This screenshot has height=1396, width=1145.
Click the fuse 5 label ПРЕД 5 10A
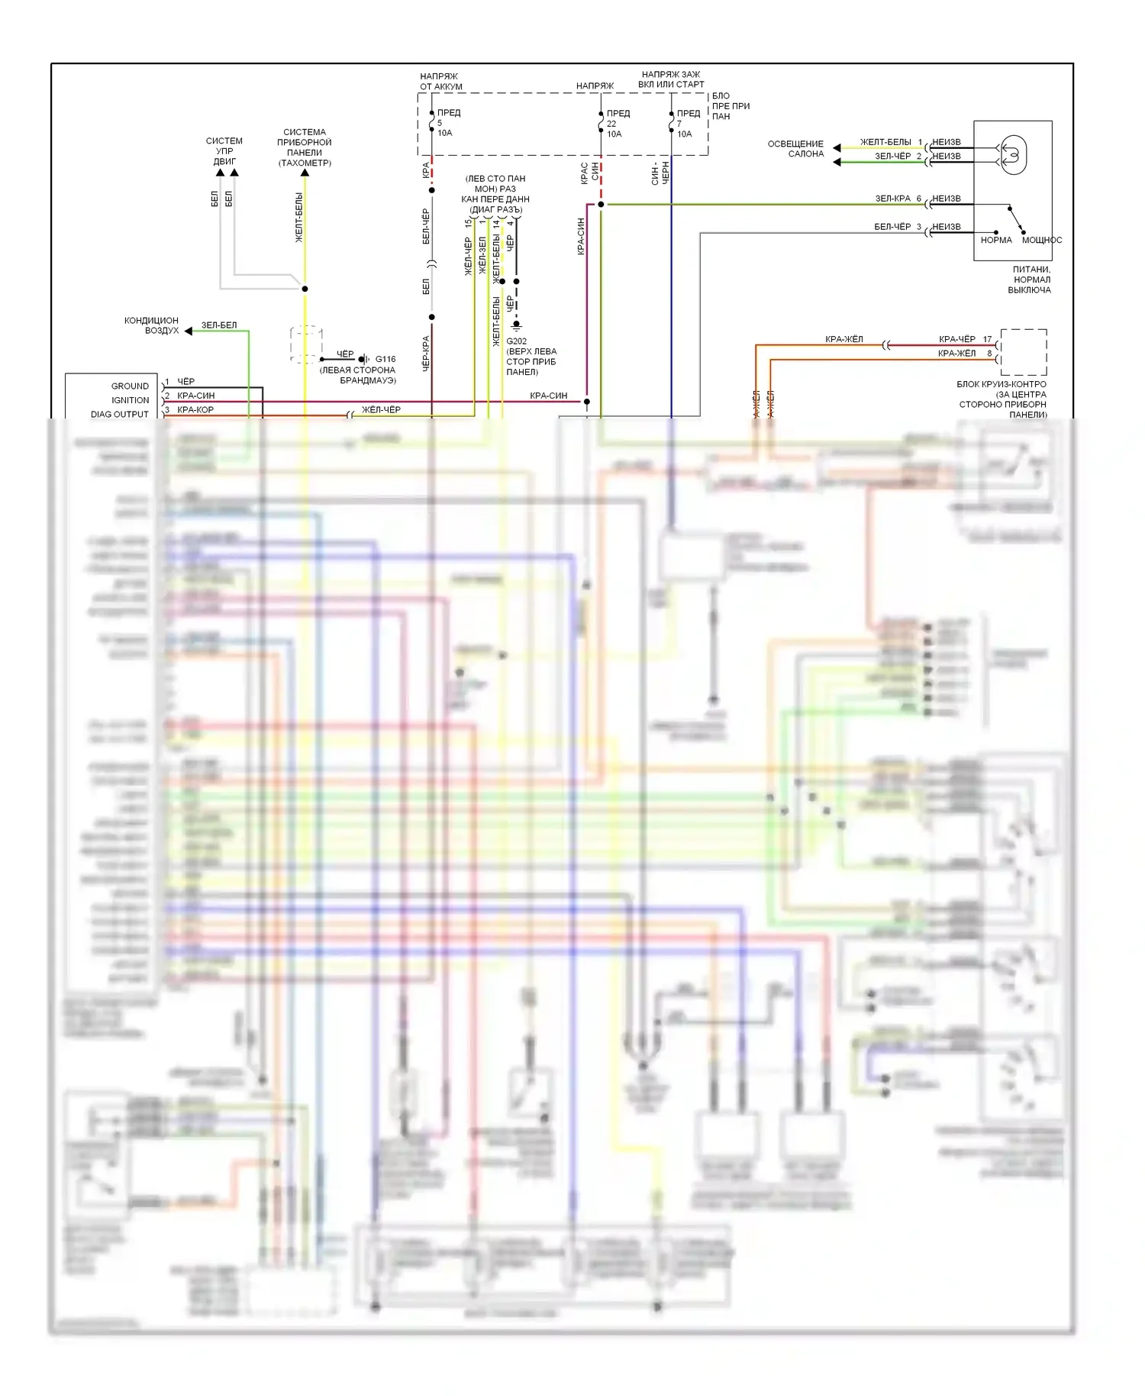coord(447,123)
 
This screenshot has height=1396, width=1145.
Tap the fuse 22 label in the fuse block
coord(617,124)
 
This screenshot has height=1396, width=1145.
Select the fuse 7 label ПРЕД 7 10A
coord(687,124)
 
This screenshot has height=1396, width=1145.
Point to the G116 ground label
coord(385,359)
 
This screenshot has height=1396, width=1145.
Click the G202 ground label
coord(517,341)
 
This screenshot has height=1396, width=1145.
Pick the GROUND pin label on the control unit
coord(130,386)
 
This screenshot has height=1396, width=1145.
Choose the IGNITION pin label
coord(130,400)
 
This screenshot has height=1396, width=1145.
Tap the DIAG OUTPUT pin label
coord(120,414)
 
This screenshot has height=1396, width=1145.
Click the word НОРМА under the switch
coord(995,240)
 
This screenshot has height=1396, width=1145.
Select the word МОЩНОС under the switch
coord(1041,240)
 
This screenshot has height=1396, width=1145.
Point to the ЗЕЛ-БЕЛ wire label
coord(219,325)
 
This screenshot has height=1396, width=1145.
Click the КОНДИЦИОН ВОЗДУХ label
coord(152,325)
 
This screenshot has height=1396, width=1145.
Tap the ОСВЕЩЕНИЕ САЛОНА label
coord(795,148)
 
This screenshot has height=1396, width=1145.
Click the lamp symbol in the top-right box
coord(1013,154)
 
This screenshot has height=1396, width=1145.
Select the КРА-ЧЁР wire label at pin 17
coord(956,339)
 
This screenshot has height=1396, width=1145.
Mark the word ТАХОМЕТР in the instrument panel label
coord(305,163)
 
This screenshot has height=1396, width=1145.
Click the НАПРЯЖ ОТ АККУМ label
coord(440,81)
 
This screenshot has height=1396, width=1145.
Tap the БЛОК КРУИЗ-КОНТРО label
coord(1001,384)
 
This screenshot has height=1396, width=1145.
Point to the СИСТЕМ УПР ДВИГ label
coord(224,151)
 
